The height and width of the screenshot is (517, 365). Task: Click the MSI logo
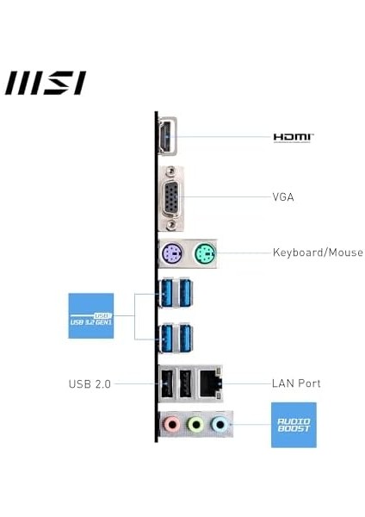coord(45,83)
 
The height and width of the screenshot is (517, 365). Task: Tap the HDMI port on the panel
coord(165,138)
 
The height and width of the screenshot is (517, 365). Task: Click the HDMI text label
coord(293,137)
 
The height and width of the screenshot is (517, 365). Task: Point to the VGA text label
coord(283,197)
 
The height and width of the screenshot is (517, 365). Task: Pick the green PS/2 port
coord(204,253)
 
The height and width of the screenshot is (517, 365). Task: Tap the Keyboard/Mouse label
coord(318,253)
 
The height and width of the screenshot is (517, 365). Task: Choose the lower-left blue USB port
coord(168,338)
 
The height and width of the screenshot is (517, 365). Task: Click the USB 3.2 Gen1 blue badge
coord(90,315)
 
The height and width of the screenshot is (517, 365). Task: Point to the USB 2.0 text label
coord(90,383)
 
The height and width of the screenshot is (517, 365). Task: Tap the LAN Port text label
coord(296,383)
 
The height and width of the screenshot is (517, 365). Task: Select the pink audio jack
coord(172,424)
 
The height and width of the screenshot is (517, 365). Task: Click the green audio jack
coord(196,424)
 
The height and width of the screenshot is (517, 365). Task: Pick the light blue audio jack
coord(220,424)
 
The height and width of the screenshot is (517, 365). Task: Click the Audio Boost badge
coord(294,424)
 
